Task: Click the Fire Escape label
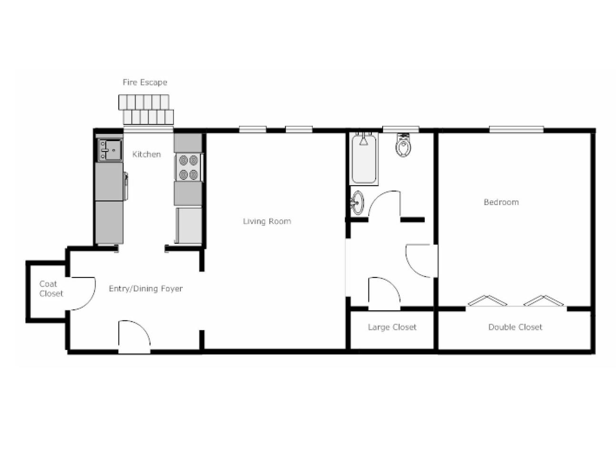coord(145,82)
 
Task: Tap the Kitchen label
coord(146,154)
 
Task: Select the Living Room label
coord(267,221)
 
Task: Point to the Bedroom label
coord(501,202)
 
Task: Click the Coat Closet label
coord(50,289)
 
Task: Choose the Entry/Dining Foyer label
coord(146,288)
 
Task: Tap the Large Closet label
coord(392,327)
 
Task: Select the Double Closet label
coord(515,327)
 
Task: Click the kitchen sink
coord(109,150)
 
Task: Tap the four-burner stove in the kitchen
coord(189,168)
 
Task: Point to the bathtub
coord(364,159)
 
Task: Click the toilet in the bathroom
coord(403,146)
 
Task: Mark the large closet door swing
coord(384,293)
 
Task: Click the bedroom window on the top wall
coord(516,129)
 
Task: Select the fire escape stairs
coord(146,110)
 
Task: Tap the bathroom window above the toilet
coord(401,129)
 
